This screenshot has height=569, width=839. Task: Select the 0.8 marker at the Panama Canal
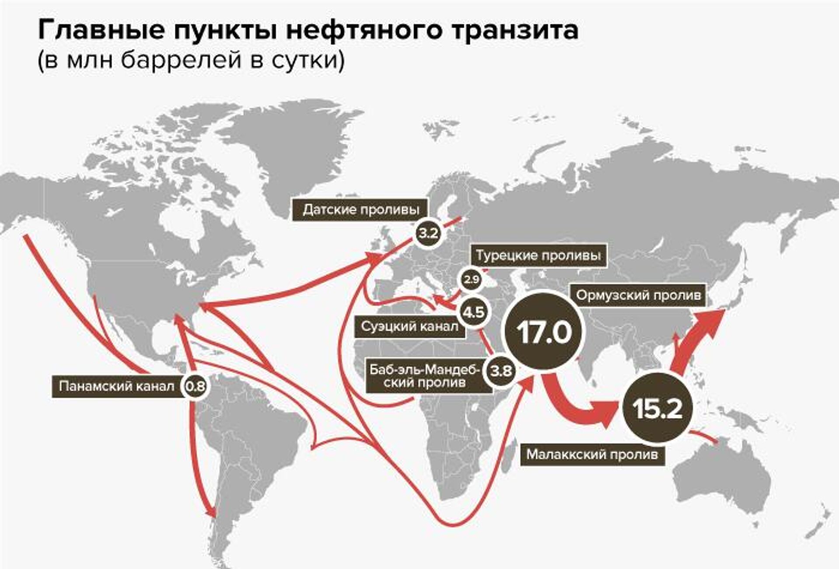195,386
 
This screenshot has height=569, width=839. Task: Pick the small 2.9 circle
471,279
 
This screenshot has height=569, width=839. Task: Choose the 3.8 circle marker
501,371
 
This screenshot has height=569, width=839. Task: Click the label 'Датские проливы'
361,210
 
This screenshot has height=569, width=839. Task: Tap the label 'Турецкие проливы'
538,255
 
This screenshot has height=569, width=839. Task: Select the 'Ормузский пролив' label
638,295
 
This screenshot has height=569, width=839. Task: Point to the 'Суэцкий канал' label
409,326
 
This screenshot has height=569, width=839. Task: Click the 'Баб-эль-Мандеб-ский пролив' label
423,376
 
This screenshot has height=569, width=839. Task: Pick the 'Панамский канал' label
117,386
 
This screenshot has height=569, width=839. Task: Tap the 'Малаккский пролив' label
592,455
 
